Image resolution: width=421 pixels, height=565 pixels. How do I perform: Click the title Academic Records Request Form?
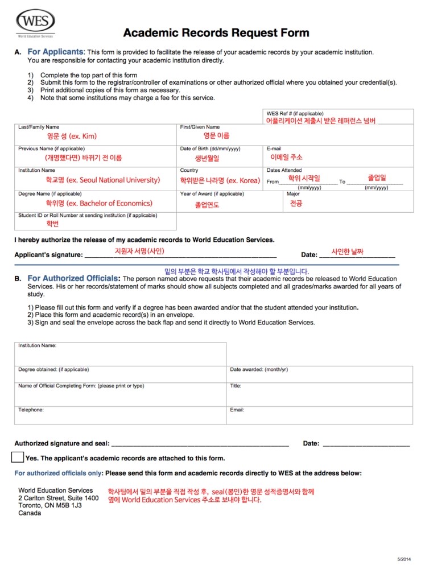[216, 32]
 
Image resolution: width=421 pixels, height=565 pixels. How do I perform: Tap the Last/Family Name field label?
[38, 127]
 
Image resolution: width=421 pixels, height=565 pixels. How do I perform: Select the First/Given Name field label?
[200, 127]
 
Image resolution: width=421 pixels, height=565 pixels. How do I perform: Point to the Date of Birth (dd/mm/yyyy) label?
[210, 149]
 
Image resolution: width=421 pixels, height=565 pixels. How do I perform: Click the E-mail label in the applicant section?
[274, 149]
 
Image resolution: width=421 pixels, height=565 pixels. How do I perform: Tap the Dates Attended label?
[284, 170]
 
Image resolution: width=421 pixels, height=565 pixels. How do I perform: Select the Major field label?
[293, 193]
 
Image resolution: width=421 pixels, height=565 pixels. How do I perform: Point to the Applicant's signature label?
[48, 255]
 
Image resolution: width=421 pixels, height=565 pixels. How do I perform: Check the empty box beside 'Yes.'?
[18, 457]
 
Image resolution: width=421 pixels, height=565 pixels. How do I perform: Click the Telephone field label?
[31, 410]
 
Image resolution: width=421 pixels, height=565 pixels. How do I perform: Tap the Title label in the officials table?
[236, 386]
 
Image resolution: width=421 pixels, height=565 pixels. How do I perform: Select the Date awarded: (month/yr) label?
[259, 369]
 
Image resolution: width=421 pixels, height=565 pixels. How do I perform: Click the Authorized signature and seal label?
[61, 443]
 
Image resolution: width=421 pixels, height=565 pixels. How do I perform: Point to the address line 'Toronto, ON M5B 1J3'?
[50, 505]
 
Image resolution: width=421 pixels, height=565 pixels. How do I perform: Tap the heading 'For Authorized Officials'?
[74, 279]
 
